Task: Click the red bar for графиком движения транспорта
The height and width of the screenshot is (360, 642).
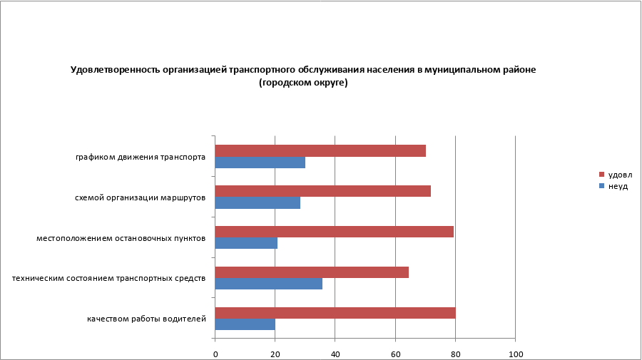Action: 320,150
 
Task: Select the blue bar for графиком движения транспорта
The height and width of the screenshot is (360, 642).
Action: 260,163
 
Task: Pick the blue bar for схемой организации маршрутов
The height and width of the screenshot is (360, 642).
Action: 258,203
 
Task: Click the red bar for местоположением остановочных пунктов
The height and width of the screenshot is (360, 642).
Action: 334,232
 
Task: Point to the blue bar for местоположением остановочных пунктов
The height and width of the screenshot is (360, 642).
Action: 246,243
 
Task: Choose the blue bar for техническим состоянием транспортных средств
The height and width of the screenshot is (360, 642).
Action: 268,284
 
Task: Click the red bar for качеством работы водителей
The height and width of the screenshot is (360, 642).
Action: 335,312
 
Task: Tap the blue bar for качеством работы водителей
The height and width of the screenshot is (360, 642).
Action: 245,324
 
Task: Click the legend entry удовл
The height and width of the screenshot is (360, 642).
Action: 620,175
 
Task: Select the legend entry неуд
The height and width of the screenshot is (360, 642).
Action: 617,185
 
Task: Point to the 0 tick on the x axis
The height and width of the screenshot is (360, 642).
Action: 215,354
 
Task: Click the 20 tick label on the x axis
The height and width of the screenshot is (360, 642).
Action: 275,354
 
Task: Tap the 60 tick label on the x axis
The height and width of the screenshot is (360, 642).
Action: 395,354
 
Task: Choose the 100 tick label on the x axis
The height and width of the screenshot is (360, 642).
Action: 514,354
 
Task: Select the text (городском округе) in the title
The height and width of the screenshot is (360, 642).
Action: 302,83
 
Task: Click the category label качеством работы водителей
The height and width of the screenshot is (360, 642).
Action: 146,319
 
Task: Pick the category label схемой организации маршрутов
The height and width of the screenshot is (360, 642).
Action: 141,197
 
